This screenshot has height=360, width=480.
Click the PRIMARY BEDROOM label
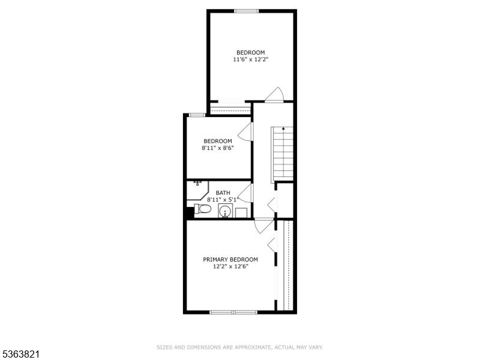(230, 260)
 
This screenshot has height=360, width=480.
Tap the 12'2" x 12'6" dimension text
(230, 266)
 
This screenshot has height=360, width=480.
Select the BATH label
(223, 193)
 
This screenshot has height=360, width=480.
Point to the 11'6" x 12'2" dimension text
(251, 59)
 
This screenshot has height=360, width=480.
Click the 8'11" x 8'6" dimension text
(218, 148)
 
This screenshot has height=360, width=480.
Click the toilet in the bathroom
(203, 209)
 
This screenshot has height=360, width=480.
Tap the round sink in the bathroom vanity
(226, 211)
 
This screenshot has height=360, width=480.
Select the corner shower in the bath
(197, 190)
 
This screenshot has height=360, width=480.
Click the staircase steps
(283, 155)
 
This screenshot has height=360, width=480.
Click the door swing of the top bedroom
(275, 94)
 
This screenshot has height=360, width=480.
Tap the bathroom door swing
(246, 193)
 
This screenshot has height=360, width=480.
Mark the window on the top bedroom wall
(247, 11)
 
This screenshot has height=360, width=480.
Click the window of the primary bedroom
(233, 312)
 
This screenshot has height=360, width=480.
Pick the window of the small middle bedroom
(197, 115)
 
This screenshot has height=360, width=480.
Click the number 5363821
(20, 355)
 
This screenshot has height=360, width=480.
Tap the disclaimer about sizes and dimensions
(239, 347)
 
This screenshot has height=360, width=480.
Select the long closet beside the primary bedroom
(286, 265)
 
